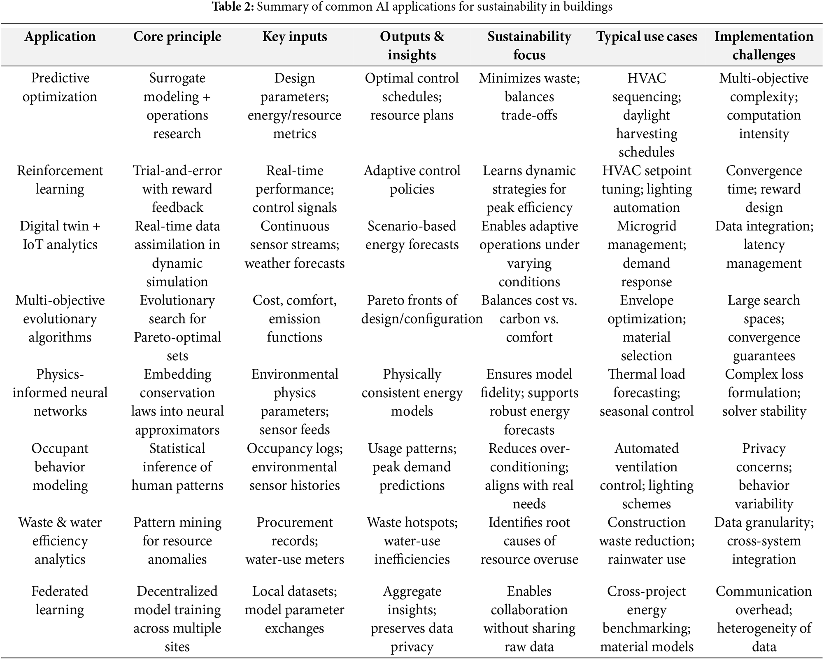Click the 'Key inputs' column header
point(295,37)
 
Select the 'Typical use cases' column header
point(647,37)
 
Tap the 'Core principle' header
point(177,37)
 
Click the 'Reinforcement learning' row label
point(60,180)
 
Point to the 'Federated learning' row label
point(60,600)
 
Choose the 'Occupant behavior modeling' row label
point(60,467)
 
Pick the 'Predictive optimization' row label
point(60,87)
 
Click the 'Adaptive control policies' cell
point(412,180)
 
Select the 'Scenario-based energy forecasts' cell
point(412,235)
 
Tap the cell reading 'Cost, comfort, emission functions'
point(295,318)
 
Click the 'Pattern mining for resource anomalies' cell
point(177,541)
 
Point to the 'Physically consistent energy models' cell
point(412,393)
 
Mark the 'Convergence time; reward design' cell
point(764,189)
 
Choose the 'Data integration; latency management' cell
point(764,244)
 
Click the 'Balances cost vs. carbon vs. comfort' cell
point(529,318)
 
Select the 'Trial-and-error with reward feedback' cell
point(177,189)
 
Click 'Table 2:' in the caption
point(233,7)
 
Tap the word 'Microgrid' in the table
point(647,226)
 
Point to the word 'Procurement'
point(295,522)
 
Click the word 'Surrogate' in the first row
point(177,78)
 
